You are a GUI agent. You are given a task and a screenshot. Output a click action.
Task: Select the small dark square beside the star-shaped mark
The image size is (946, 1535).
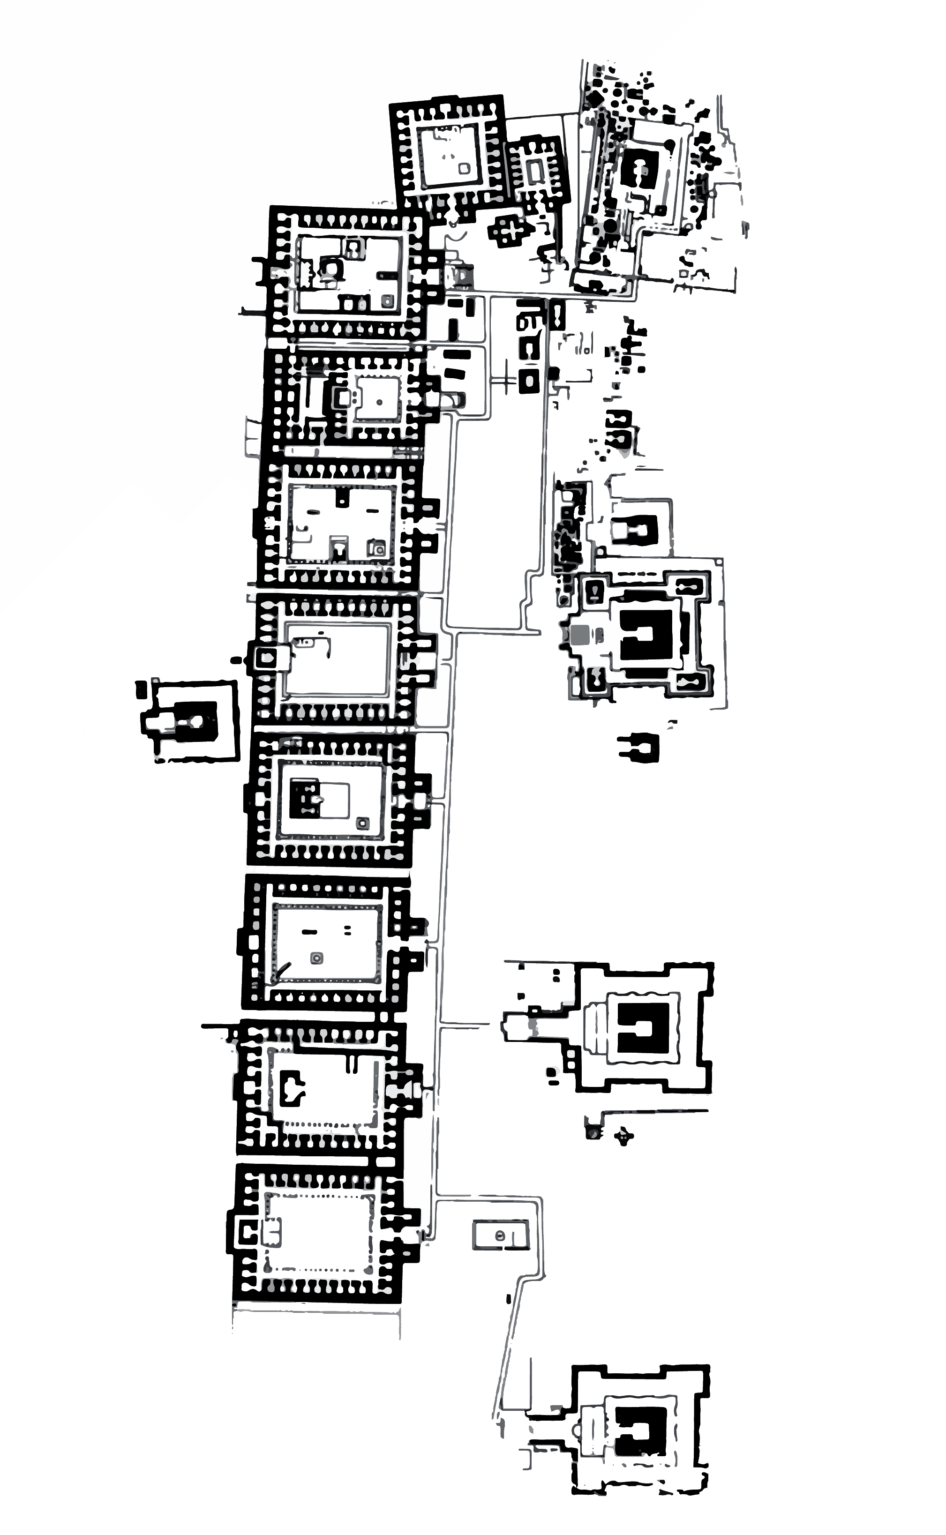click(x=593, y=1132)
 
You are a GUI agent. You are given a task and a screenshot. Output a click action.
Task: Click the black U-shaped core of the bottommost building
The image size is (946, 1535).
click(x=639, y=1430)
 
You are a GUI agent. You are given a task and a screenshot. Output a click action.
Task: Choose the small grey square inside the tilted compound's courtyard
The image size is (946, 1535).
click(x=464, y=168)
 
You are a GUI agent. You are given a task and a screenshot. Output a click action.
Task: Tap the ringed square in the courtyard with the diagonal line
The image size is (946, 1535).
click(x=316, y=958)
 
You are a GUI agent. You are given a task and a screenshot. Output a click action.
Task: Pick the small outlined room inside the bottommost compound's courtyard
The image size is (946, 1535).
click(x=271, y=1232)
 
